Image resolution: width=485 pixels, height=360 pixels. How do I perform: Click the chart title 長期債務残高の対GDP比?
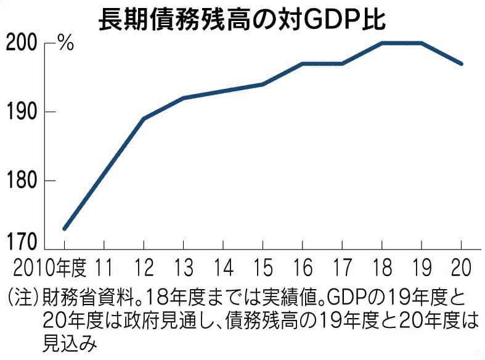pyautogui.click(x=242, y=18)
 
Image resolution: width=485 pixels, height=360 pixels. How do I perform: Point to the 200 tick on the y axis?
pyautogui.click(x=23, y=43)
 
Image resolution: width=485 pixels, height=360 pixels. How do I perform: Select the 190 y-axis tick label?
pyautogui.click(x=23, y=112)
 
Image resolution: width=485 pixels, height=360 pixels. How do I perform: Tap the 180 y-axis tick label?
pyautogui.click(x=23, y=181)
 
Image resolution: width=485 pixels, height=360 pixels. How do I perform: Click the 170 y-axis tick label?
pyautogui.click(x=23, y=241)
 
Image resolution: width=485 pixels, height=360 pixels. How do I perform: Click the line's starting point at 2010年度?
pyautogui.click(x=64, y=229)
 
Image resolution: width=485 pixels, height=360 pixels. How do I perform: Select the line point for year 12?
pyautogui.click(x=144, y=118)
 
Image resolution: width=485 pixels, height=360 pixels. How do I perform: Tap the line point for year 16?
pyautogui.click(x=302, y=63)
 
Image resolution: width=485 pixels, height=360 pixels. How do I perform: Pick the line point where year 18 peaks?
pyautogui.click(x=381, y=43)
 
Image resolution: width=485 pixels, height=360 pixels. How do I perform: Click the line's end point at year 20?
pyautogui.click(x=461, y=63)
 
